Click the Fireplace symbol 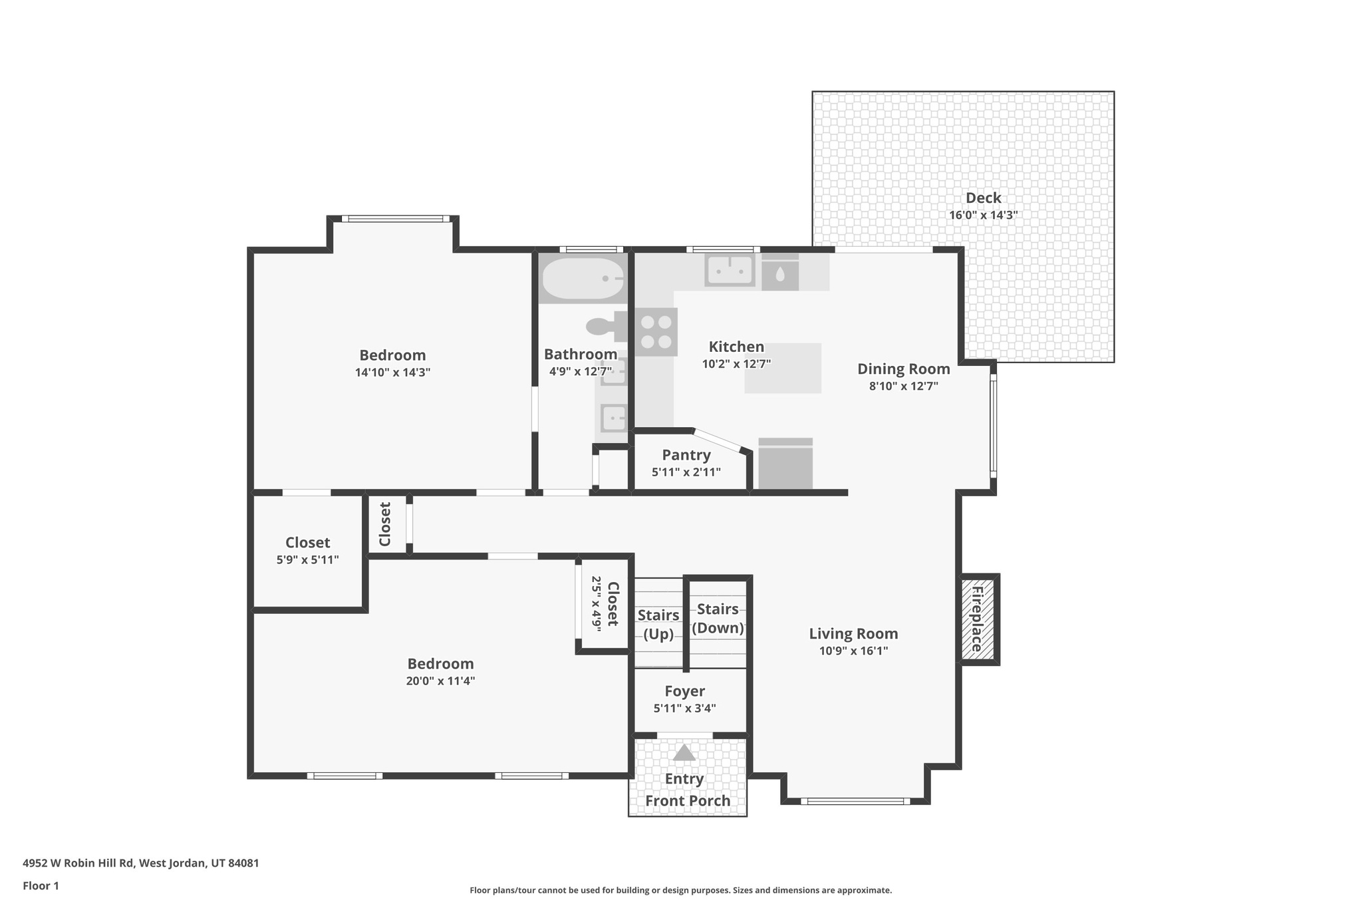[x=978, y=619]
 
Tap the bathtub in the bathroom [x=583, y=279]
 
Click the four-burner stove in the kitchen [x=656, y=332]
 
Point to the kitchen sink [x=730, y=271]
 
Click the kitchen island [x=783, y=368]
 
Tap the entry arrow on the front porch [x=684, y=753]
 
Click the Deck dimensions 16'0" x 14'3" [x=983, y=215]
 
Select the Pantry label [x=686, y=455]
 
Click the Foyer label [x=684, y=691]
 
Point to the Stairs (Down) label [x=718, y=618]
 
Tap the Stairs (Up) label [x=658, y=624]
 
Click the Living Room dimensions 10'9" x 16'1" [x=853, y=651]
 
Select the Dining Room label [x=903, y=369]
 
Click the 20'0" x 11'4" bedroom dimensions [x=440, y=681]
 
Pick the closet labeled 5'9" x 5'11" [x=307, y=550]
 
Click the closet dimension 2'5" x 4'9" [x=597, y=603]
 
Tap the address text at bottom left [x=141, y=863]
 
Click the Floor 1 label [x=41, y=885]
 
